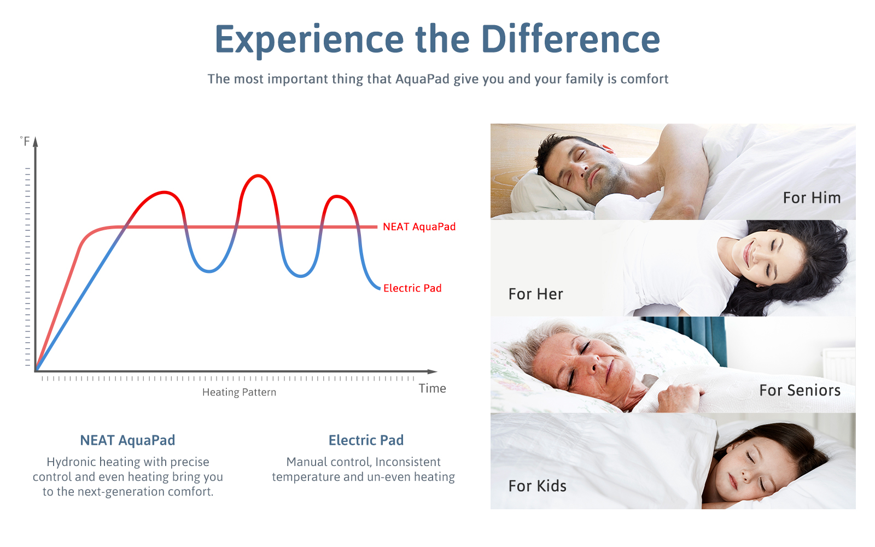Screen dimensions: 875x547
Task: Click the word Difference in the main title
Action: click(570, 39)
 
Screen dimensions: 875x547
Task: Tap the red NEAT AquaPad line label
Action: click(419, 226)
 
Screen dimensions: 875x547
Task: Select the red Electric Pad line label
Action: click(412, 288)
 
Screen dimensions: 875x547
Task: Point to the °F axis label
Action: click(25, 141)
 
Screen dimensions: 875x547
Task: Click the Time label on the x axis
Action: click(432, 388)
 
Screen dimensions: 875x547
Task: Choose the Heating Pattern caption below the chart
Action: click(239, 392)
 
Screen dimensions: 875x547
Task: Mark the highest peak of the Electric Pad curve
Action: click(258, 176)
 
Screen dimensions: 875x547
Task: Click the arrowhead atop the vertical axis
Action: click(36, 142)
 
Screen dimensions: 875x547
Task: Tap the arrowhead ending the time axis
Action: click(433, 371)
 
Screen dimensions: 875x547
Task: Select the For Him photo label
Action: click(812, 197)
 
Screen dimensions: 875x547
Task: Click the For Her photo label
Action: click(535, 294)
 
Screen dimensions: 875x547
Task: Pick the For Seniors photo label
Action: click(800, 391)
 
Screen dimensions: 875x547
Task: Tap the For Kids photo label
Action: click(537, 486)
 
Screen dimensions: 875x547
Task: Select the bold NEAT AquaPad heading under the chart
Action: click(128, 440)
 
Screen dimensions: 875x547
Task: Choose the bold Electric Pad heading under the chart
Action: click(366, 440)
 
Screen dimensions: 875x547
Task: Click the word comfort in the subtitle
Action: click(644, 79)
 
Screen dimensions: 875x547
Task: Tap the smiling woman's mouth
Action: click(747, 253)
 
